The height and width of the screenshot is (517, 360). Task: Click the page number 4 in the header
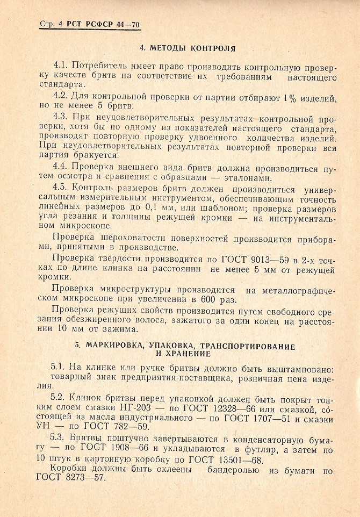pos(60,25)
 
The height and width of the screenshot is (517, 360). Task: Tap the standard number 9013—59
pos(269,258)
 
